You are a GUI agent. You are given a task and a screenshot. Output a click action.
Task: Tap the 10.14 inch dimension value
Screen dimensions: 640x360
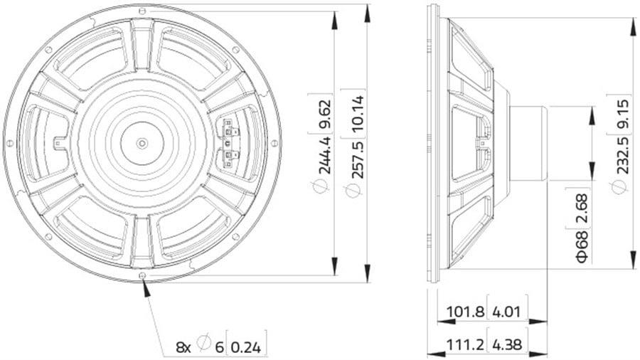[358, 113]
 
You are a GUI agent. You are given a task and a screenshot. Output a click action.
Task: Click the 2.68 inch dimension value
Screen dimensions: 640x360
[582, 209]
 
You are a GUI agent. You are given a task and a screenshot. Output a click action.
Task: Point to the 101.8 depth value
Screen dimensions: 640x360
[465, 312]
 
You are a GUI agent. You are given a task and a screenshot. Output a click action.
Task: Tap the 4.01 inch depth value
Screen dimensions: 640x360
[506, 312]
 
